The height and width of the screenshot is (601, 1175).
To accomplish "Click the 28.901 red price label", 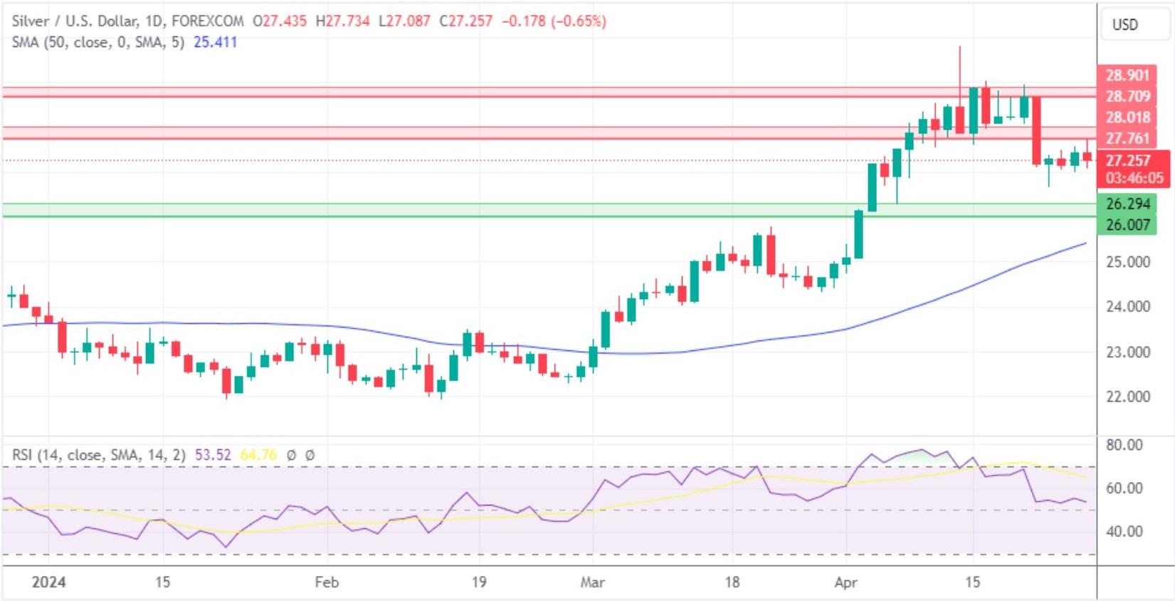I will (x=1127, y=75).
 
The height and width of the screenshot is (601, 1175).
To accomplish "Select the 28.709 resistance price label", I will (x=1127, y=96).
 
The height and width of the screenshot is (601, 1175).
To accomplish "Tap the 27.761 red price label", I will (x=1127, y=138).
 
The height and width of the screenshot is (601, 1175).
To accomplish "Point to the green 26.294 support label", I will (x=1127, y=204).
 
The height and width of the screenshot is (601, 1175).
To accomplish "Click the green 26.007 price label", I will (x=1127, y=225).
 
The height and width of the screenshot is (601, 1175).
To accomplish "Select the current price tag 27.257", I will (x=1127, y=160).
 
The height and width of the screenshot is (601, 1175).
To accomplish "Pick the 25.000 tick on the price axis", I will (x=1127, y=261).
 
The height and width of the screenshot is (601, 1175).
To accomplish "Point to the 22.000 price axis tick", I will (x=1127, y=396).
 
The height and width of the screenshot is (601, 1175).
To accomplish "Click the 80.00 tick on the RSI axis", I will (x=1124, y=445).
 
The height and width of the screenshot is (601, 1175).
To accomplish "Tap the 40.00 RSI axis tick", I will (x=1124, y=531).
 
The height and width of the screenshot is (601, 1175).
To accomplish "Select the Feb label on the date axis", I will (x=327, y=582).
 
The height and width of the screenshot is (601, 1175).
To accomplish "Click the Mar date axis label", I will (x=592, y=582).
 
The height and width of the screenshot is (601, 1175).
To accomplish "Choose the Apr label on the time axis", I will (x=845, y=582).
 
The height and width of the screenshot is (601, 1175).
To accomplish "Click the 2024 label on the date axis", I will (x=49, y=582).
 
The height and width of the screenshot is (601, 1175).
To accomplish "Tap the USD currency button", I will (x=1124, y=25).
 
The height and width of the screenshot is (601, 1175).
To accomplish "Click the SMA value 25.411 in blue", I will (x=215, y=42).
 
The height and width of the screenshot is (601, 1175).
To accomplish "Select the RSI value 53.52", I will (x=213, y=454).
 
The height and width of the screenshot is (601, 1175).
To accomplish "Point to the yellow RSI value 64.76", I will (x=258, y=454).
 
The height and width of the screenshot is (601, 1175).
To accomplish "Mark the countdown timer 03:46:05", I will (x=1134, y=178).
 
